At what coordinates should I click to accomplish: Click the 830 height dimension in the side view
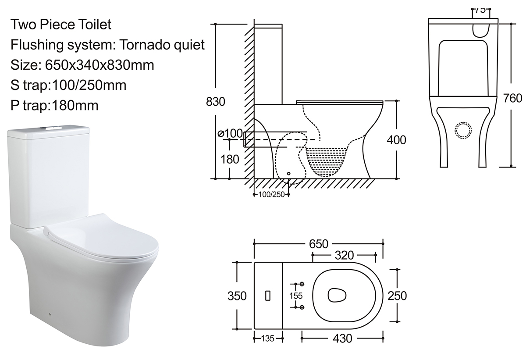point(215,102)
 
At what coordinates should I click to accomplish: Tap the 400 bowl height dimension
point(396,140)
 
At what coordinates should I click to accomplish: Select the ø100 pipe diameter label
point(230,133)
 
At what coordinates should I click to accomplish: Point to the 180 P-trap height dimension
point(230,159)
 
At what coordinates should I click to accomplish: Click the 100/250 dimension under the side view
point(271,194)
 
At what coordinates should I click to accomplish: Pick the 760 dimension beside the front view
point(512,98)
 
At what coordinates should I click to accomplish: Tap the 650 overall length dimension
point(318,244)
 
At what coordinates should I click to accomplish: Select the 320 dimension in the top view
point(344,255)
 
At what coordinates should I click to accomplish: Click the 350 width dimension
point(237,296)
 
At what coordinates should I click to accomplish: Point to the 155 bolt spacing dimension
point(296,296)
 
